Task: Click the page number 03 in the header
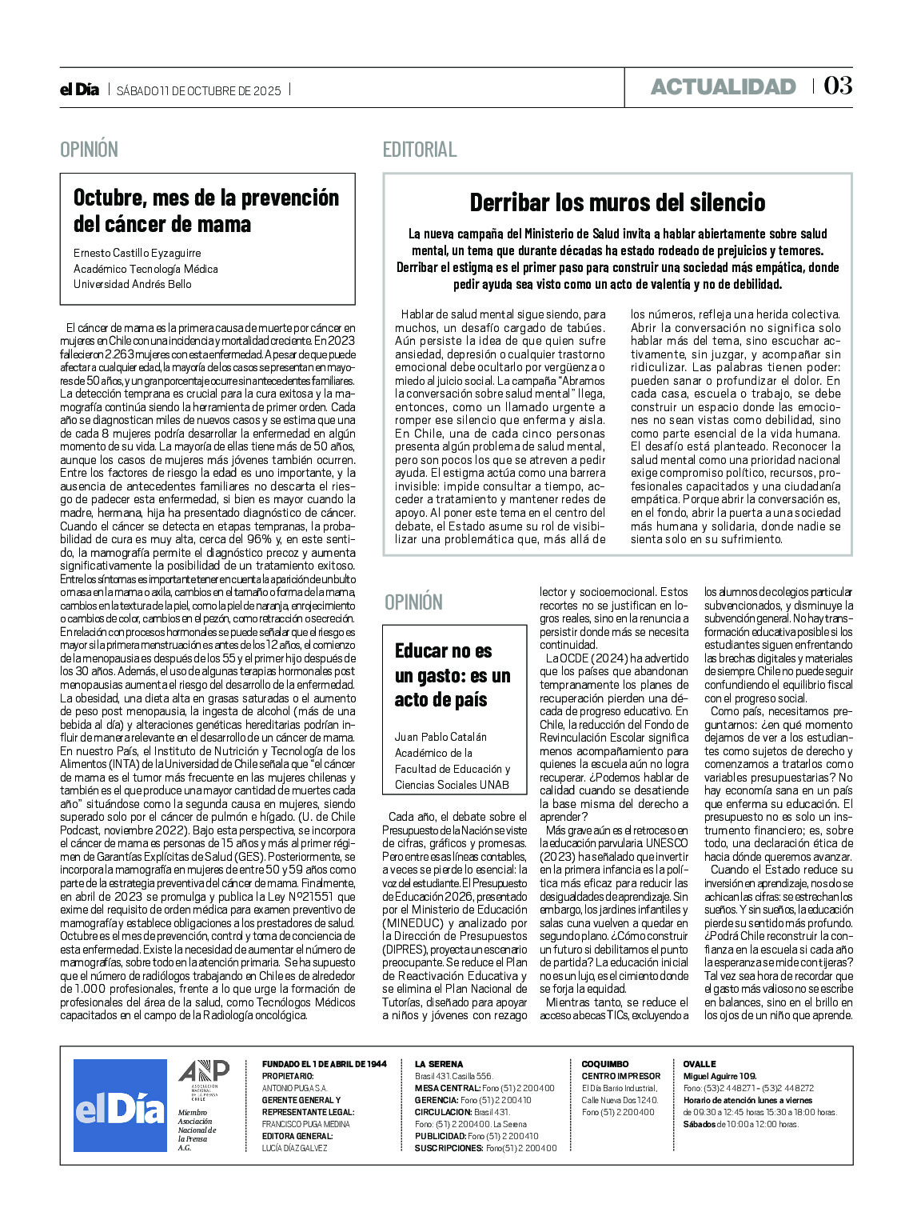(838, 86)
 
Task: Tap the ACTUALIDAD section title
(723, 86)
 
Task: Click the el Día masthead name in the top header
(79, 90)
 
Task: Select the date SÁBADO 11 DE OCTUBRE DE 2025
(199, 90)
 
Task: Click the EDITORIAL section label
(420, 150)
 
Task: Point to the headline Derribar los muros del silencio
(617, 202)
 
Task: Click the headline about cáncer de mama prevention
(206, 210)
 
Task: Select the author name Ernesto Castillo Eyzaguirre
(138, 253)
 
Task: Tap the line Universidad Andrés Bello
(133, 284)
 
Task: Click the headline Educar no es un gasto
(453, 675)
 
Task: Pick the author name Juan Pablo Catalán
(441, 736)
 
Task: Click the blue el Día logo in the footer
(120, 1106)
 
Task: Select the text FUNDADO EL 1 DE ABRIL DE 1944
(325, 1064)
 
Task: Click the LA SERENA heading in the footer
(439, 1064)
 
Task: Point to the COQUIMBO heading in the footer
(605, 1064)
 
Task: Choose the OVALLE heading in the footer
(700, 1064)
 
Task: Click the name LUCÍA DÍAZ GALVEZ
(295, 1148)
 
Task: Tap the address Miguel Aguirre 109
(720, 1076)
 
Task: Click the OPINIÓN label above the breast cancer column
(89, 150)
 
